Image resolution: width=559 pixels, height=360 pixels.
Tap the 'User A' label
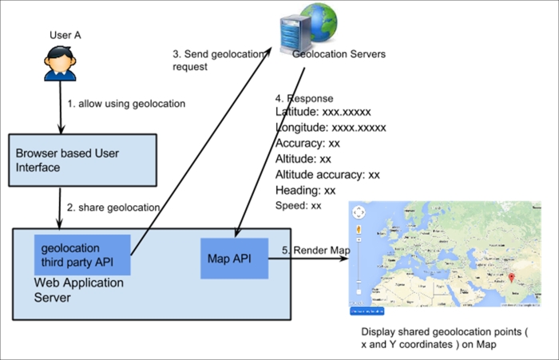(x=65, y=36)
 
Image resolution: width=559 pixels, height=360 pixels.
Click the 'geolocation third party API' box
(x=81, y=255)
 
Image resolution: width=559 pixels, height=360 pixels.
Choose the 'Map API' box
(x=234, y=259)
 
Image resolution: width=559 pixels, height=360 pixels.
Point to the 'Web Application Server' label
(x=78, y=290)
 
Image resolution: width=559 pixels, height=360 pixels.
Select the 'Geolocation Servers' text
(x=339, y=54)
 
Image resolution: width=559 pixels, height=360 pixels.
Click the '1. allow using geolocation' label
(x=126, y=104)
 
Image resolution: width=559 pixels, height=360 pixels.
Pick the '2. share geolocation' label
(x=113, y=208)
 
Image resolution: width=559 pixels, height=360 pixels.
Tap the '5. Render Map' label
(x=315, y=251)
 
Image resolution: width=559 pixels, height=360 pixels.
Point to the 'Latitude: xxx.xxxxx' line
(x=323, y=113)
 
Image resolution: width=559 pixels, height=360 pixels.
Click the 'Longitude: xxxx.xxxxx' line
(x=330, y=128)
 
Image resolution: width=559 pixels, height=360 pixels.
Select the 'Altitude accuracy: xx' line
(x=327, y=174)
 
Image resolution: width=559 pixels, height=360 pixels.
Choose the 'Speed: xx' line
(x=299, y=205)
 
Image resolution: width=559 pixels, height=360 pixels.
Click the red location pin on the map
(x=510, y=278)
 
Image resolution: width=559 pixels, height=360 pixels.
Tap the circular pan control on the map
(x=359, y=213)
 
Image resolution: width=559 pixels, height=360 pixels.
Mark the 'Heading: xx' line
(x=305, y=190)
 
